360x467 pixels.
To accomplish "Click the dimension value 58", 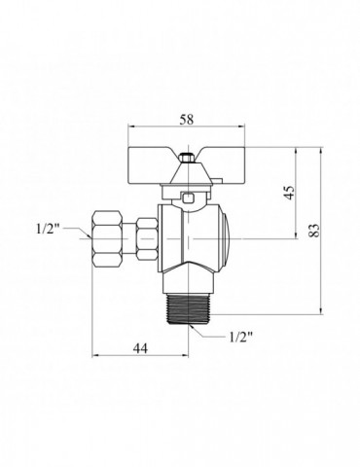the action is [187, 120].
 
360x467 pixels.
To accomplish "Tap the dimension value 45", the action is [290, 193].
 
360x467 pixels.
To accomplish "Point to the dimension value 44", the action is [141, 348].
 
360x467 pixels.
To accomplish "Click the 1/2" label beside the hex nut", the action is [49, 229].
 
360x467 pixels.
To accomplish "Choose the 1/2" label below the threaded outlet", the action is [240, 338].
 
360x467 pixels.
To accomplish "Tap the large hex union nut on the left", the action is [108, 239].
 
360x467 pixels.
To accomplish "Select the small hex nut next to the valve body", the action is [147, 239].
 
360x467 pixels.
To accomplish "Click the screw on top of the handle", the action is [188, 158].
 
